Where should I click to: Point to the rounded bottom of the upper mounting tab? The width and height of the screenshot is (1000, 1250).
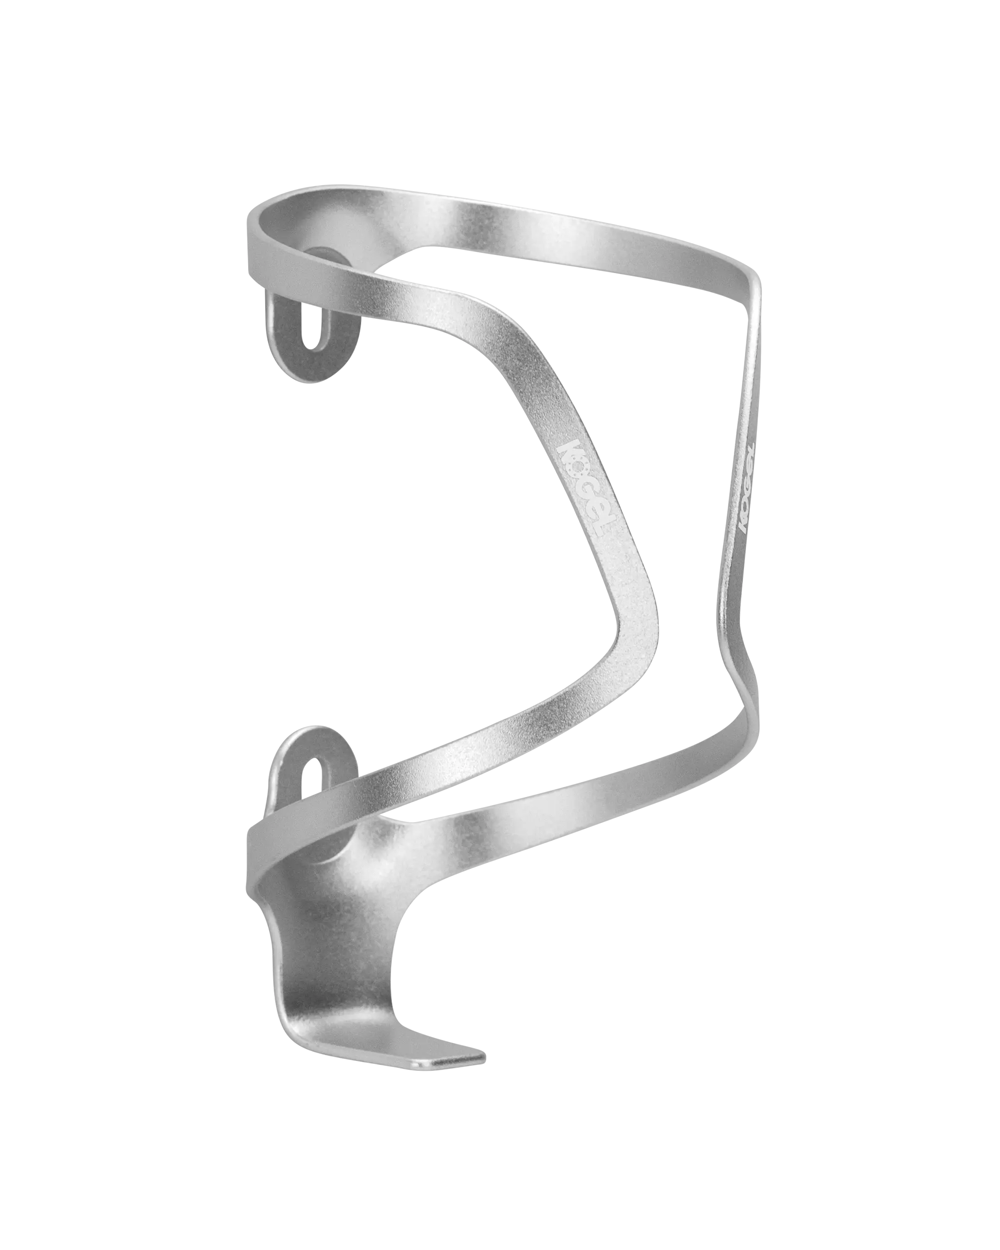(313, 371)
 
